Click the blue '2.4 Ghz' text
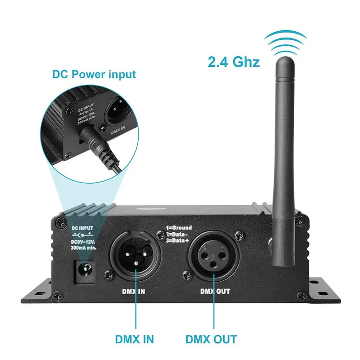pyautogui.click(x=234, y=62)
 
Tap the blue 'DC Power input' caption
pyautogui.click(x=94, y=74)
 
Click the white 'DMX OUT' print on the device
pyautogui.click(x=215, y=291)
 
